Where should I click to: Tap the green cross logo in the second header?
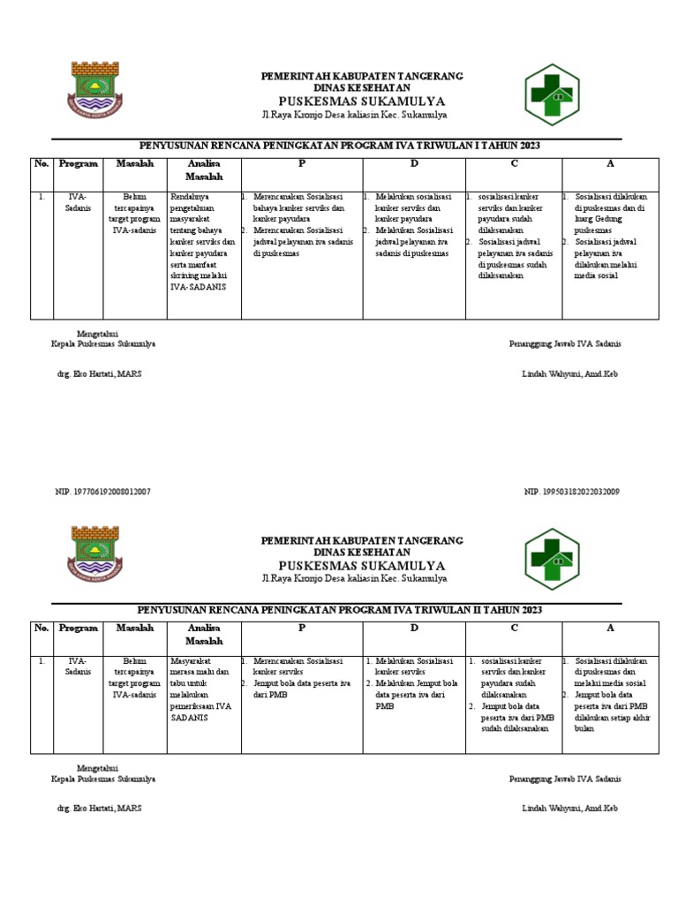[x=553, y=558]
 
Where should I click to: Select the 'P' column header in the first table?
[x=300, y=164]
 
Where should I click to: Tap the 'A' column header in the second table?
[x=609, y=629]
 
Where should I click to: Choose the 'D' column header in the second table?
[x=413, y=629]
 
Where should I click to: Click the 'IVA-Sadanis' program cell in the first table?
[x=78, y=202]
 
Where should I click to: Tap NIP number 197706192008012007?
[x=102, y=491]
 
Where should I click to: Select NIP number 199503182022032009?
[x=571, y=491]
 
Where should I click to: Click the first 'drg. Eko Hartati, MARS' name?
[x=98, y=374]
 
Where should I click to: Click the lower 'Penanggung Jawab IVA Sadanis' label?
[x=565, y=780]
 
